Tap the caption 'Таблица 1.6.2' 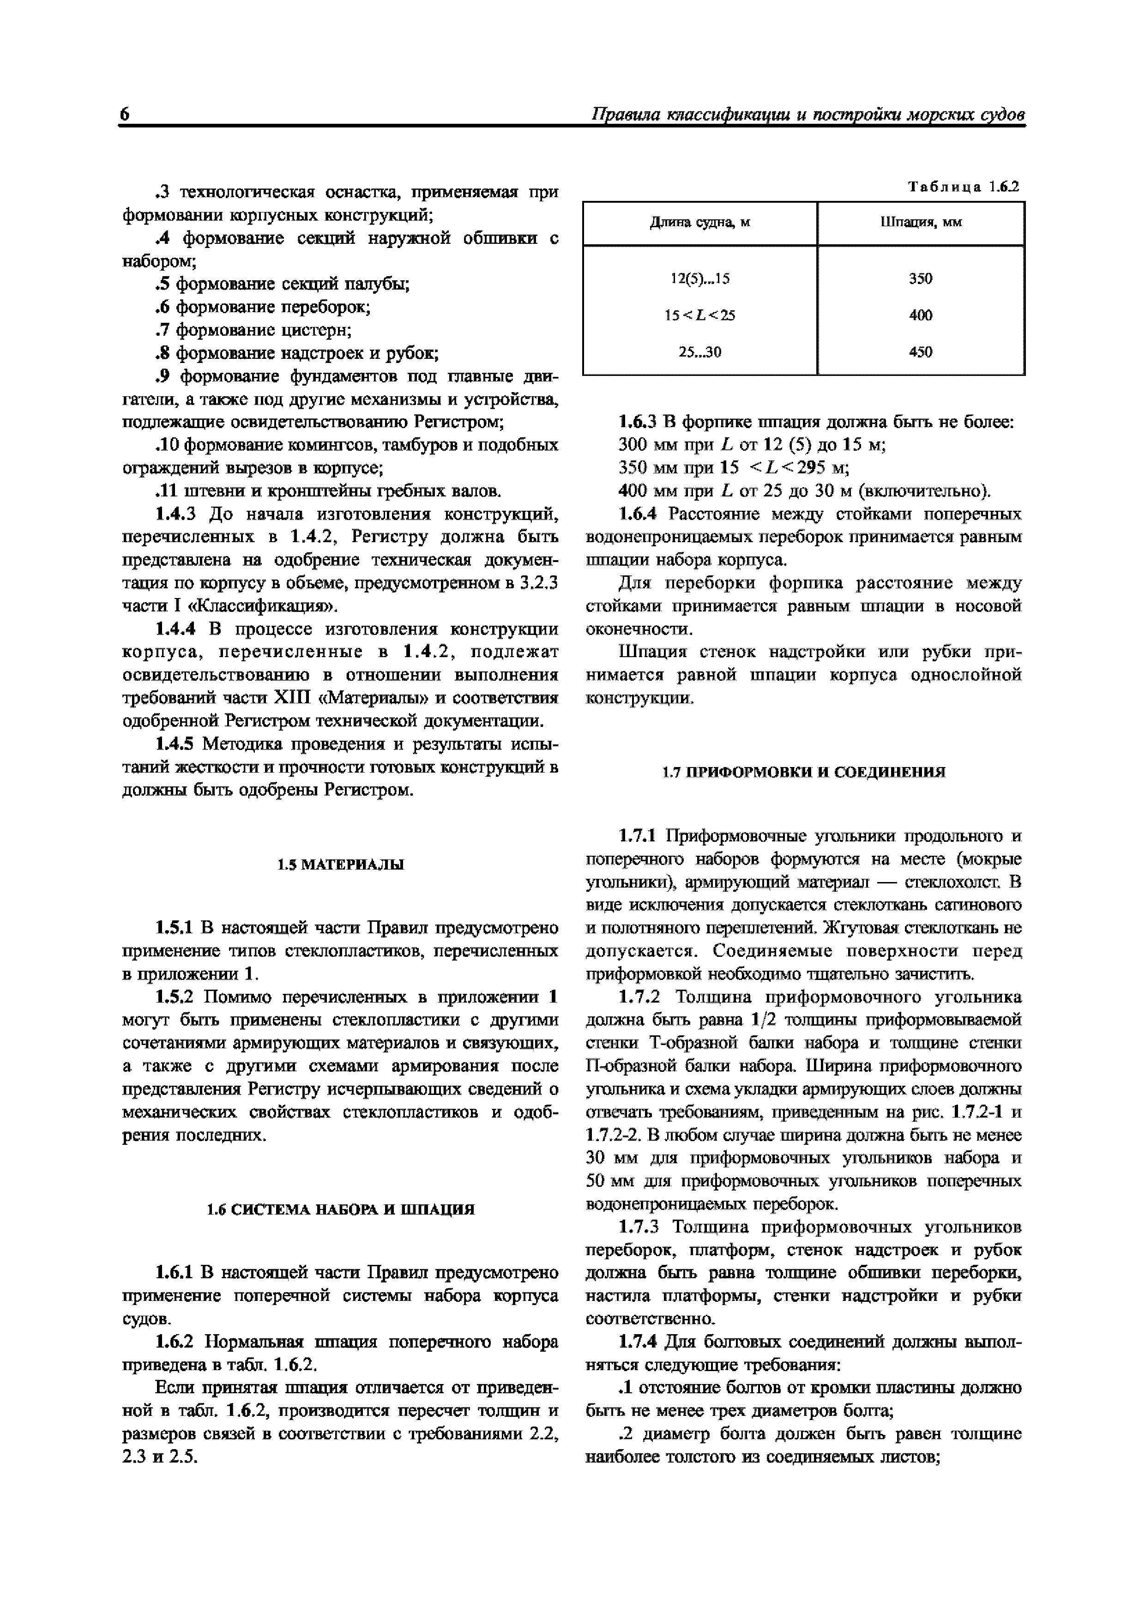[963, 187]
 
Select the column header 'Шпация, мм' [921, 223]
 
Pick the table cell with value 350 [921, 279]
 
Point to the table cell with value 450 [921, 352]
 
